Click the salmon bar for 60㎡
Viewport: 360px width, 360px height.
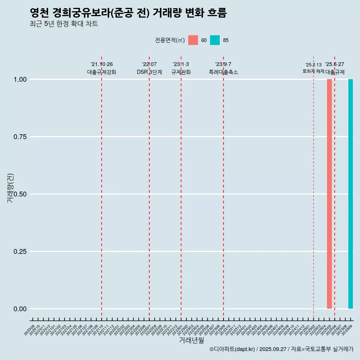[329, 194]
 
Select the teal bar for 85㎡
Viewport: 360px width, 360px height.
[351, 194]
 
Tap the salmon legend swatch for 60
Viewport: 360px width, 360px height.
[193, 40]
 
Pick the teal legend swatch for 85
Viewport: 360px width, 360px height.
[215, 40]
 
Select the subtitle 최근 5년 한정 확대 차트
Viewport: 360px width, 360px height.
[64, 24]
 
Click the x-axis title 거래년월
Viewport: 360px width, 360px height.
[191, 340]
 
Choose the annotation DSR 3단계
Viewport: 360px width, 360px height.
[149, 72]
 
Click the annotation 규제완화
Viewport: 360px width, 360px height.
[181, 72]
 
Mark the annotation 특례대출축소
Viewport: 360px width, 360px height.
[223, 72]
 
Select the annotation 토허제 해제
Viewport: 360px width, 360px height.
[313, 71]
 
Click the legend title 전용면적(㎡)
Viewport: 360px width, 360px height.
[169, 40]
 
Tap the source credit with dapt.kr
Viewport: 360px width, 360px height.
[281, 349]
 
